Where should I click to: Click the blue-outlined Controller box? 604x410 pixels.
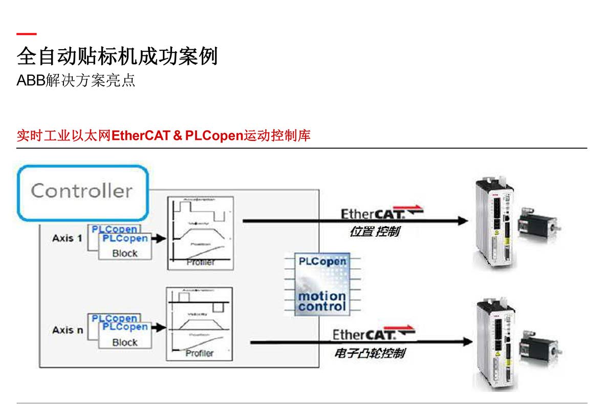coord(82,192)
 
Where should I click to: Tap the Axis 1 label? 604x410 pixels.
coord(67,238)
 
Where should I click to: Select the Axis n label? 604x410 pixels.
coord(67,330)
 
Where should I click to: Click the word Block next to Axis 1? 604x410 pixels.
coord(125,253)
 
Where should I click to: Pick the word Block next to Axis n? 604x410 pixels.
coord(125,342)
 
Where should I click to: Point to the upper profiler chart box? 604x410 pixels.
coord(200,233)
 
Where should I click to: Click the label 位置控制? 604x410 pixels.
coord(374,232)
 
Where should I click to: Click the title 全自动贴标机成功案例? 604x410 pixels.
coord(117,56)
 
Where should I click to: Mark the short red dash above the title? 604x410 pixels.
coord(27,34)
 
